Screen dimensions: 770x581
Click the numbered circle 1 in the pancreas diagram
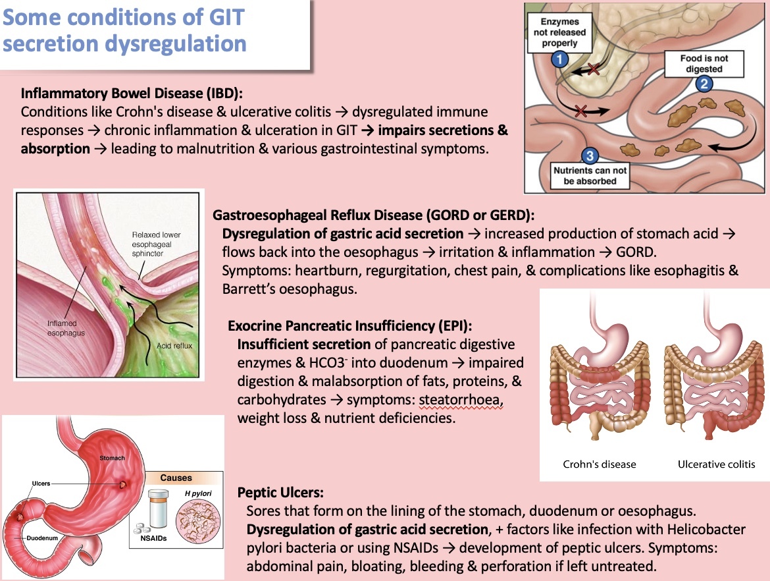559,59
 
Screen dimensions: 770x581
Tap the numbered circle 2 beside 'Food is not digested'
705,83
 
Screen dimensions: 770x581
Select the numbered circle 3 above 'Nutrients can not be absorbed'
590,155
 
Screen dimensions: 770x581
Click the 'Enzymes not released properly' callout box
560,32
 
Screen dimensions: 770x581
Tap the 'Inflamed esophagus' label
66,328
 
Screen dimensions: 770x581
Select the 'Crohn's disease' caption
599,464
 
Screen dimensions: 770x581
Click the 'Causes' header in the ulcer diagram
176,478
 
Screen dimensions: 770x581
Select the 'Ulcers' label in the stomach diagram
41,484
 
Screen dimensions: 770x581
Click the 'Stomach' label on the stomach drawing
113,457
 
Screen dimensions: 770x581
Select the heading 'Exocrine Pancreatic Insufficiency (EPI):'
350,326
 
